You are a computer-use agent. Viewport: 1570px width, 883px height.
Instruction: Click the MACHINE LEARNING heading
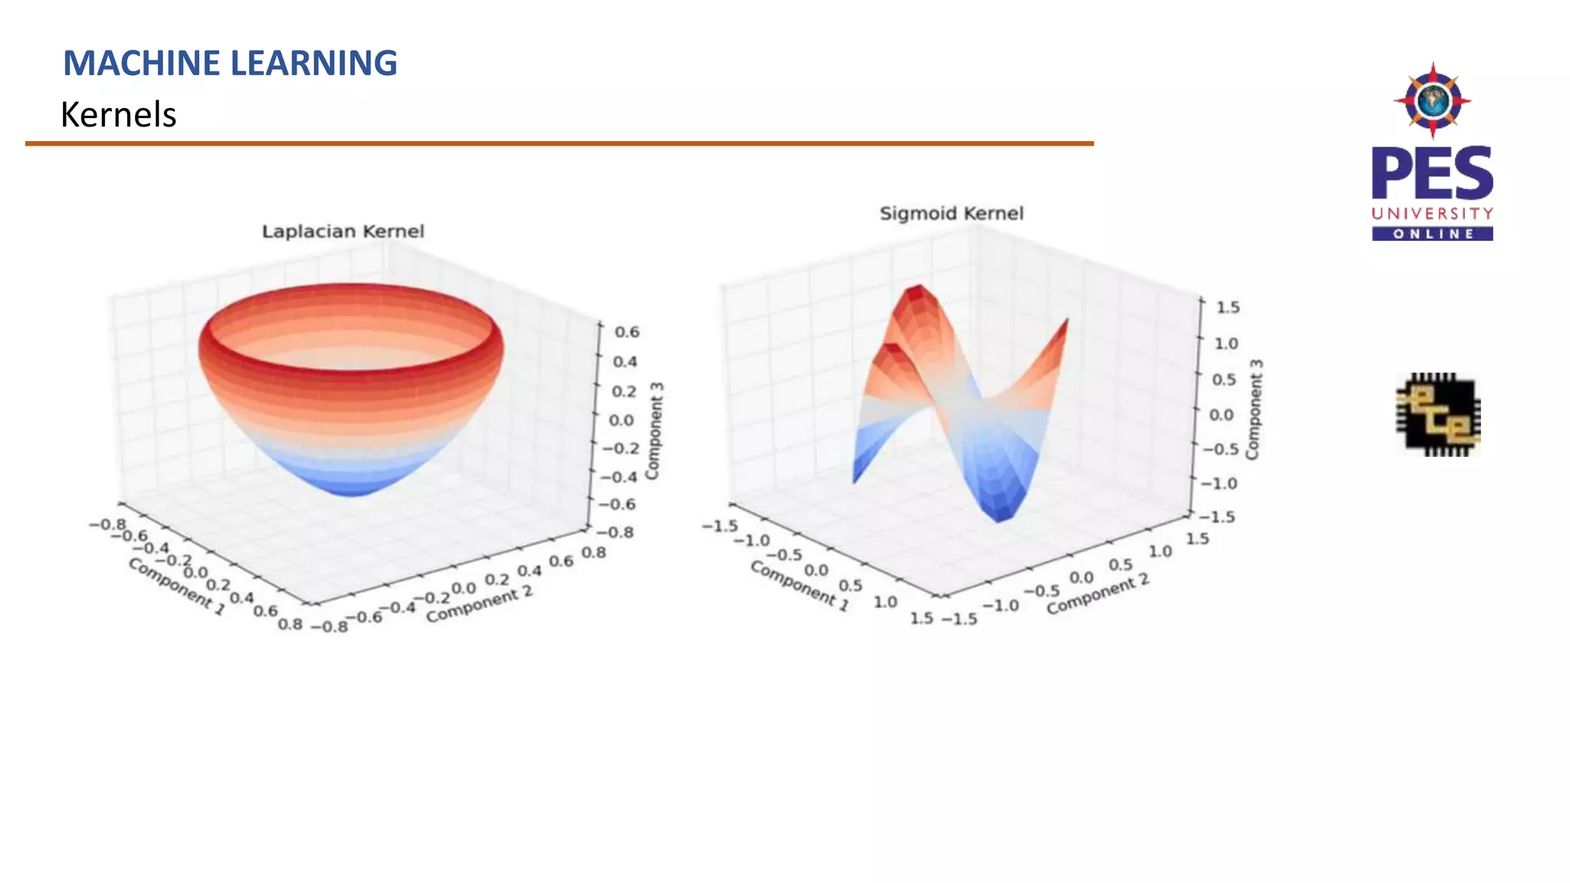pos(230,63)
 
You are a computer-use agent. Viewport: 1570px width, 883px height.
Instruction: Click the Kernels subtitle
pos(118,115)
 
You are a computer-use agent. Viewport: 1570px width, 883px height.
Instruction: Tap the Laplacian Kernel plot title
pos(343,231)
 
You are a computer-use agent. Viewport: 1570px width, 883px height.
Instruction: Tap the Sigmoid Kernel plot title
pos(951,213)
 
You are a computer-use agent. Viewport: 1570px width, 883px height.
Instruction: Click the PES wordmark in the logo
pos(1432,174)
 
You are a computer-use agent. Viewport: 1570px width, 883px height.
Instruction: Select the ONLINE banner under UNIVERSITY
pos(1432,234)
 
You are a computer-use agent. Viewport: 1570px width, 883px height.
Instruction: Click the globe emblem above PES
pos(1432,100)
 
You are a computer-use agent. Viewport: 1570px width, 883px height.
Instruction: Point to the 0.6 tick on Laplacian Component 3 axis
pos(626,332)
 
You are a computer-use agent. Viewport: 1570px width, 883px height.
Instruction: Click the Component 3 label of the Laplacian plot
pos(654,431)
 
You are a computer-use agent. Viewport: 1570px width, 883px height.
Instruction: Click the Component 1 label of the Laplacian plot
pos(176,586)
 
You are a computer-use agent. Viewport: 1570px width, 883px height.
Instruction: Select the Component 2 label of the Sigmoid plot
pos(1098,594)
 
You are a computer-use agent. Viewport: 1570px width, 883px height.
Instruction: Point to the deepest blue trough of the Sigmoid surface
pos(1001,516)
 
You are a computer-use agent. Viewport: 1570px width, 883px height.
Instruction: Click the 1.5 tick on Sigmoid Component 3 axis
pos(1228,307)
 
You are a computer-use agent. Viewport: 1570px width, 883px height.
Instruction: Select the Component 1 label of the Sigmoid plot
pos(799,585)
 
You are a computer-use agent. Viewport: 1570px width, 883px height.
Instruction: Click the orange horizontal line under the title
pos(559,143)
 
